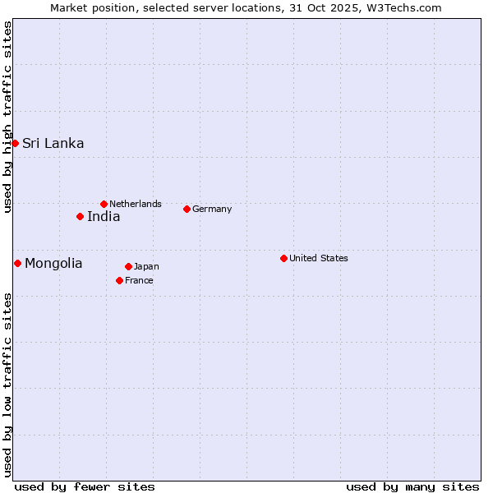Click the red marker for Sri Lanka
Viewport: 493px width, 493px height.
coord(15,143)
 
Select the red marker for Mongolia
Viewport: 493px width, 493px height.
coord(17,263)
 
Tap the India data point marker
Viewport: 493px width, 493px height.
coord(80,216)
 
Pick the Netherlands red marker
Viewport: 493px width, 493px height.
coord(104,204)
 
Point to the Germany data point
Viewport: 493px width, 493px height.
coord(187,209)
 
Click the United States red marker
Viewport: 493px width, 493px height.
coord(283,258)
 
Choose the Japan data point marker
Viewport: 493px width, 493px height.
coord(128,266)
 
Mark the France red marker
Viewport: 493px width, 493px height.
coord(119,280)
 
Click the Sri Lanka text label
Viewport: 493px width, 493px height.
coord(53,143)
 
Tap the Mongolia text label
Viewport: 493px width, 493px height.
coord(53,263)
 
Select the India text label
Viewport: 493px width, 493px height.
coord(104,216)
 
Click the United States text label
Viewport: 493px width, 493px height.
coord(319,258)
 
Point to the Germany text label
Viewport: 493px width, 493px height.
coord(212,209)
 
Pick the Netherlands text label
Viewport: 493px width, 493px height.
coord(136,204)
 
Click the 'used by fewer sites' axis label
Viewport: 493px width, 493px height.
coord(85,486)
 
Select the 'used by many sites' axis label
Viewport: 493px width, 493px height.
coord(412,486)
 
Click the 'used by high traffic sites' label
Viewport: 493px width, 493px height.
coord(7,117)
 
